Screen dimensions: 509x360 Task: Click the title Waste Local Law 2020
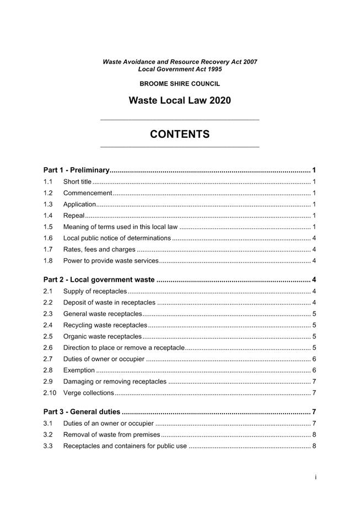pyautogui.click(x=180, y=100)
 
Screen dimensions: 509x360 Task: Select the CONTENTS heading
pyautogui.click(x=180, y=134)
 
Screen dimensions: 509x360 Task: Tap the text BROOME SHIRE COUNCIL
pyautogui.click(x=180, y=84)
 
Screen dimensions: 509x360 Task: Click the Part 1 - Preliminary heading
pyautogui.click(x=77, y=170)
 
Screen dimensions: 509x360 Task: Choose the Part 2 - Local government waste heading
pyautogui.click(x=99, y=280)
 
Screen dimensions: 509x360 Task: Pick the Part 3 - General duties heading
pyautogui.click(x=82, y=412)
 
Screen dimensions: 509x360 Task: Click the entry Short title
pyautogui.click(x=77, y=181)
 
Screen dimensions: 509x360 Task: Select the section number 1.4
pyautogui.click(x=48, y=216)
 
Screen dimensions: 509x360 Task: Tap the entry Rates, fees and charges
pyautogui.click(x=99, y=249)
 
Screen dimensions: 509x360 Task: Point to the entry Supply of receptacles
pyautogui.click(x=95, y=291)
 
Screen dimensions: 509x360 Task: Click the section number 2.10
pyautogui.click(x=50, y=393)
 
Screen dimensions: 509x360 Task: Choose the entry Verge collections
pyautogui.click(x=88, y=393)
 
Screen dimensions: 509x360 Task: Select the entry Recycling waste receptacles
pyautogui.click(x=105, y=325)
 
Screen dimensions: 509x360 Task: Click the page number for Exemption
pyautogui.click(x=314, y=370)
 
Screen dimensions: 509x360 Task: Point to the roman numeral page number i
pyautogui.click(x=315, y=478)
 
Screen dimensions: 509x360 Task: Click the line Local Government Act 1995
pyautogui.click(x=180, y=69)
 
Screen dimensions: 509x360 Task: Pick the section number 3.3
pyautogui.click(x=48, y=446)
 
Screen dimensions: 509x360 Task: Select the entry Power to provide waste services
pyautogui.click(x=111, y=261)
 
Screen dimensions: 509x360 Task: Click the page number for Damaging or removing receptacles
pyautogui.click(x=314, y=382)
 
